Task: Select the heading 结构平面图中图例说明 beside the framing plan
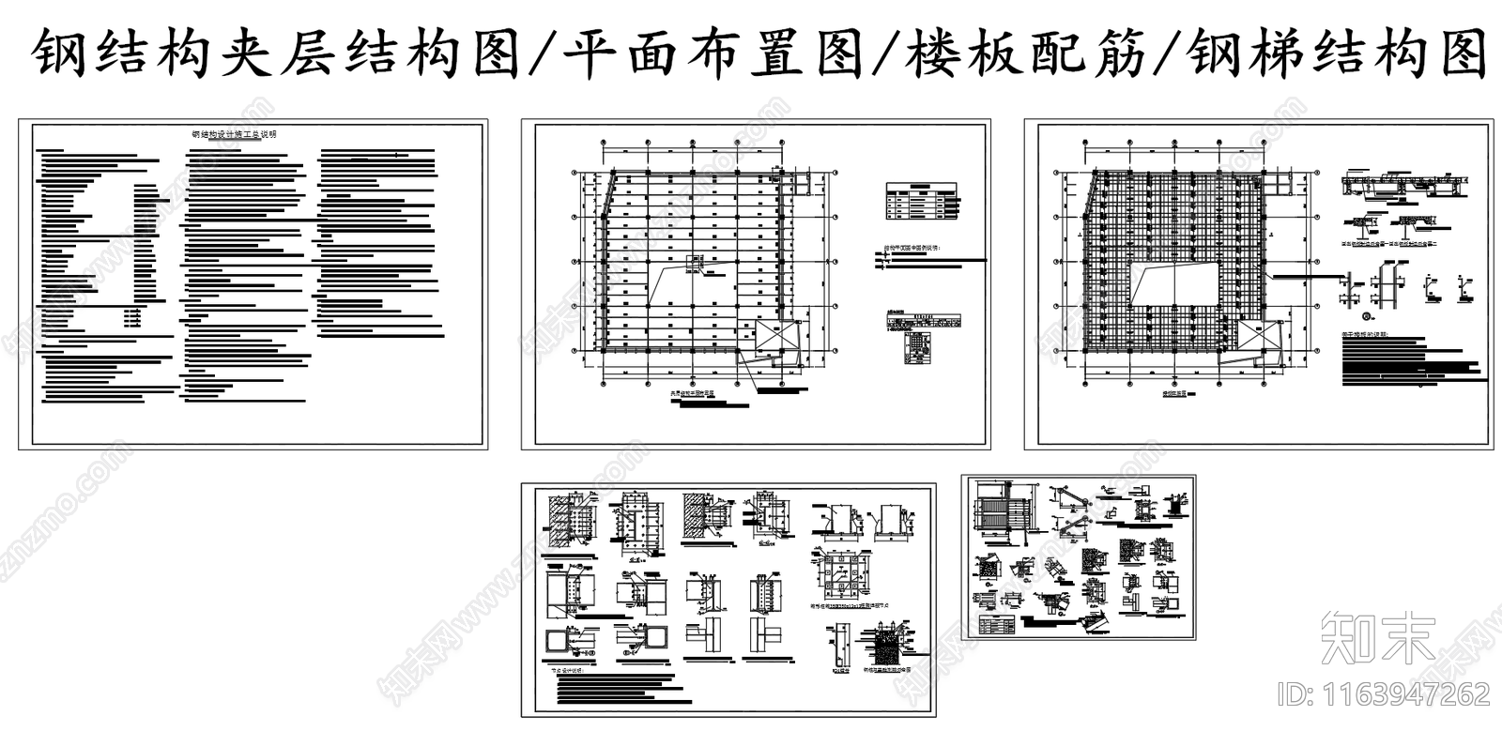(x=916, y=251)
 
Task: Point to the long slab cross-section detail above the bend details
(x=1402, y=185)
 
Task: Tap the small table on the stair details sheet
(x=998, y=624)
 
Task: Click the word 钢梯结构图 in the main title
(x=1338, y=54)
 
